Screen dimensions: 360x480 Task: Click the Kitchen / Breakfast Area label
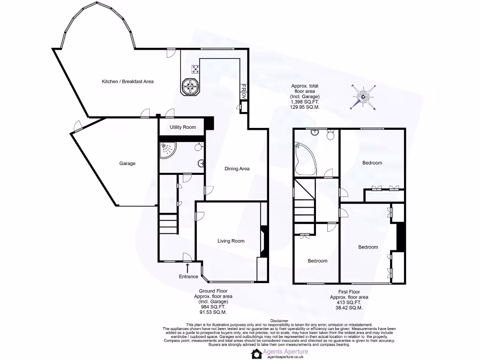coord(127,82)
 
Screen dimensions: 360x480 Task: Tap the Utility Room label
coord(183,127)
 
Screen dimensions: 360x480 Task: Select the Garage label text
coord(127,164)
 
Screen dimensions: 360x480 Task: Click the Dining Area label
coord(237,169)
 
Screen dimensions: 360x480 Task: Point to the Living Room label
coord(231,241)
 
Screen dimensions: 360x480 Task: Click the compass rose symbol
coord(363,97)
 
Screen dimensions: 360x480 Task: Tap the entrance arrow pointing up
coord(188,268)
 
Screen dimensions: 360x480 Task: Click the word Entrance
coord(188,277)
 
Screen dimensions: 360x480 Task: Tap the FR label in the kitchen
coord(243,88)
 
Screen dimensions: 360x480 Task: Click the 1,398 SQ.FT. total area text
coord(305,102)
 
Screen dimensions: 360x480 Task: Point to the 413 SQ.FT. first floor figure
coord(349,302)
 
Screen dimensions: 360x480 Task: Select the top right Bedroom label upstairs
coord(372,163)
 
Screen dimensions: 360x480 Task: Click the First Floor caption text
coord(349,292)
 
